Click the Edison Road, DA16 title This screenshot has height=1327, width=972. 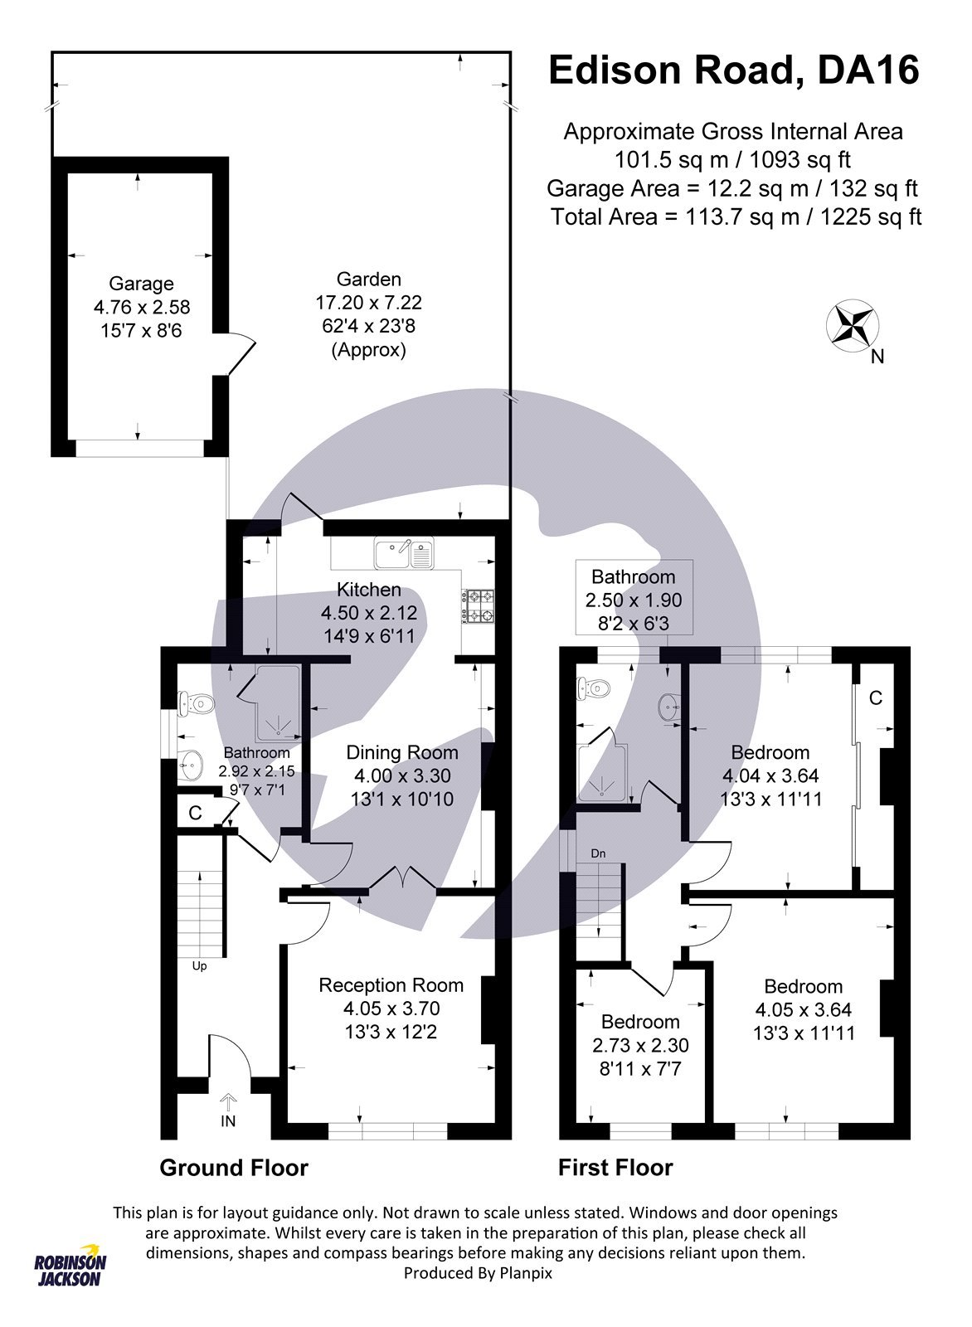point(734,70)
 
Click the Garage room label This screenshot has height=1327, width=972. point(141,284)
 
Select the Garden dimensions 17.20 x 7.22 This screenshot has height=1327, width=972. point(368,303)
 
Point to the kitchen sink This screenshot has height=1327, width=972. point(404,554)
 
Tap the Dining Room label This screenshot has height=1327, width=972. point(401,752)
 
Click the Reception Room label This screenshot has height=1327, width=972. point(391,985)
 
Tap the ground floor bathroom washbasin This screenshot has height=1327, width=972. point(192,765)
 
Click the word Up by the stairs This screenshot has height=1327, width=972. point(199,966)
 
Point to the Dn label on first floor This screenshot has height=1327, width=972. point(598,853)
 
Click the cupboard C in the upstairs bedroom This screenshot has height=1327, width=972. point(875,698)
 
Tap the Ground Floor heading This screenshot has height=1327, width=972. point(233,1168)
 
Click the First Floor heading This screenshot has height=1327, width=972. point(615,1168)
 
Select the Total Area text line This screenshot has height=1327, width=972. point(736,217)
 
